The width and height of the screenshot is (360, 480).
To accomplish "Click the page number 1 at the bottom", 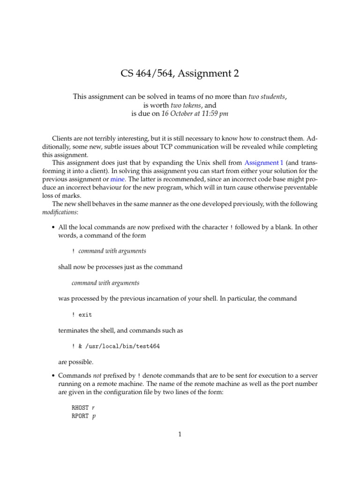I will [x=180, y=434].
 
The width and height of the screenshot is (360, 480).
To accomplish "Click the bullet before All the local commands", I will [x=53, y=227].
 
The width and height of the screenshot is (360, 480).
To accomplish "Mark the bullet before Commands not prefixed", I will [x=53, y=375].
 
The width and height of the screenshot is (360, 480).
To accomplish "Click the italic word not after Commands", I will [x=95, y=375].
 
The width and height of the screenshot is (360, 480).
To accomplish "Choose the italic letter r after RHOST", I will [x=94, y=408].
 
